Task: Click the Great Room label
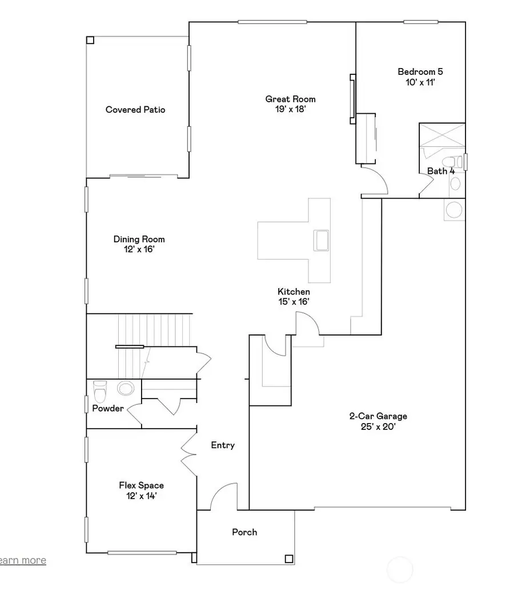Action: point(290,99)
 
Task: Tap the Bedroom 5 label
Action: point(420,72)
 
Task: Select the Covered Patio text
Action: point(135,110)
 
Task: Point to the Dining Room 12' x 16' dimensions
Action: point(139,250)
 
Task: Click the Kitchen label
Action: point(294,292)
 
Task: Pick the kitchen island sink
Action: point(320,239)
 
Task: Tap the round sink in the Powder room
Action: point(125,389)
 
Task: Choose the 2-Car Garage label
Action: point(378,417)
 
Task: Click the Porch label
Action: point(244,532)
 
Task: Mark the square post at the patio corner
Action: point(90,40)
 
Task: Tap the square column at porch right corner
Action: point(289,559)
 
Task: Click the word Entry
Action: point(223,445)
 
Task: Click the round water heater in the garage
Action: point(454,210)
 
